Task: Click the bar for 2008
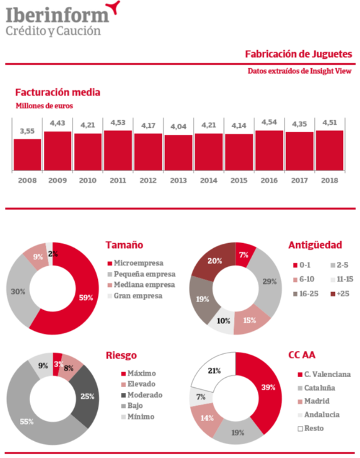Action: tap(27, 155)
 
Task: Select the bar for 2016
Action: tap(269, 150)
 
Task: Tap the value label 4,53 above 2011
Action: tap(118, 123)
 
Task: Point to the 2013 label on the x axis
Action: tap(178, 180)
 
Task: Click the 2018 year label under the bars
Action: tap(330, 180)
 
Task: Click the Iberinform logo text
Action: tap(58, 15)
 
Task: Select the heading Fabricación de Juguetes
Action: tap(299, 54)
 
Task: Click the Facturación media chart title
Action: tap(58, 92)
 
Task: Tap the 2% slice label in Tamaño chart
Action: tap(53, 254)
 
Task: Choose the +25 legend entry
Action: tap(340, 294)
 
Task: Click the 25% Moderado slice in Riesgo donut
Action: tap(87, 396)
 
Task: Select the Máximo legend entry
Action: tap(139, 373)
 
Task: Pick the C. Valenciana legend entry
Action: tap(324, 375)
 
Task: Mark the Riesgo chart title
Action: tap(121, 355)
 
